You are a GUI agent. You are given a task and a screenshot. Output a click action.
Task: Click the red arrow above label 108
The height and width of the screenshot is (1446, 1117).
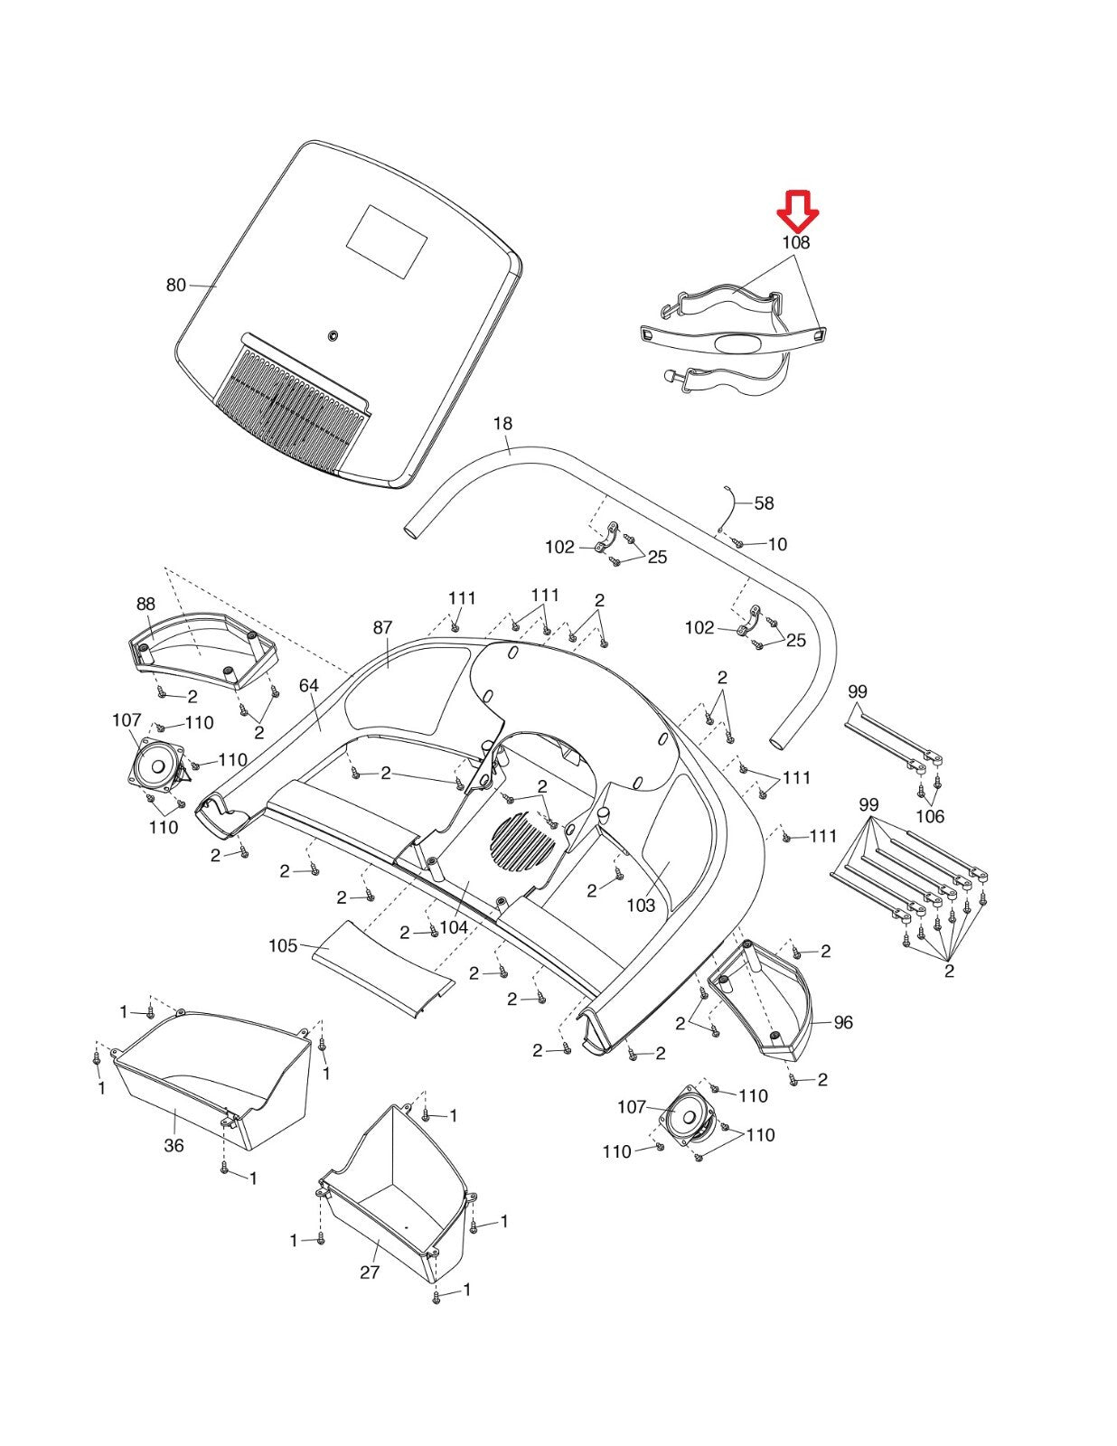click(x=798, y=211)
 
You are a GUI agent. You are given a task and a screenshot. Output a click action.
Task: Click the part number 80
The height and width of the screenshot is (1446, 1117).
click(x=175, y=286)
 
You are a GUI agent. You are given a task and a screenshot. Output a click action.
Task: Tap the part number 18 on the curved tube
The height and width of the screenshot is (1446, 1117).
click(x=502, y=424)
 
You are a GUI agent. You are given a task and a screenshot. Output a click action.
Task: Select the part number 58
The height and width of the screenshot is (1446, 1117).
click(x=764, y=503)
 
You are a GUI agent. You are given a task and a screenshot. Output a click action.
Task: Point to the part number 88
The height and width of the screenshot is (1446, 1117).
click(x=145, y=605)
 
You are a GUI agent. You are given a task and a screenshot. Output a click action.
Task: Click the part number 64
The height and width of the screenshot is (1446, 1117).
click(x=309, y=686)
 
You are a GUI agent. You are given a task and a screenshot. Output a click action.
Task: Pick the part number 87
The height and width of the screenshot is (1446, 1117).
click(x=383, y=627)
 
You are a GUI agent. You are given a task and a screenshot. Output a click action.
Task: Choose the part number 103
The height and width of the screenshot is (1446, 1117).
click(x=641, y=906)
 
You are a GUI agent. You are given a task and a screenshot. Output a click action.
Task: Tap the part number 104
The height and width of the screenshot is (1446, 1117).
click(x=454, y=927)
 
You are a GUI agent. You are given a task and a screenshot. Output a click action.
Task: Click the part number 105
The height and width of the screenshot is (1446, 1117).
click(x=283, y=945)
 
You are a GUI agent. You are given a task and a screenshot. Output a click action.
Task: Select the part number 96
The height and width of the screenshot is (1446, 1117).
click(x=842, y=1022)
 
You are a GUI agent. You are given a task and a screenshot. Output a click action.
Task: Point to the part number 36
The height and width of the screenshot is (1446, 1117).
click(x=174, y=1145)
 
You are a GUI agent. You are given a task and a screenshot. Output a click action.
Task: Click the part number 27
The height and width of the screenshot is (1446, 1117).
click(x=370, y=1272)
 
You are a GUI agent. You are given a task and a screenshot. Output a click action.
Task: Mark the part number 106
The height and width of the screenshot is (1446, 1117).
click(x=929, y=816)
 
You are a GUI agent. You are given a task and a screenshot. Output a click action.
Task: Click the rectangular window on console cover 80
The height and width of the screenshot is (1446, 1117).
click(x=387, y=241)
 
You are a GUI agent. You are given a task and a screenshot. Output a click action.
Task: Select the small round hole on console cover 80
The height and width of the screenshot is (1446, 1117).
click(x=333, y=336)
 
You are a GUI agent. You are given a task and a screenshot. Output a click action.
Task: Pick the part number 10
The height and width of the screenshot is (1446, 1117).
click(x=777, y=544)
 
